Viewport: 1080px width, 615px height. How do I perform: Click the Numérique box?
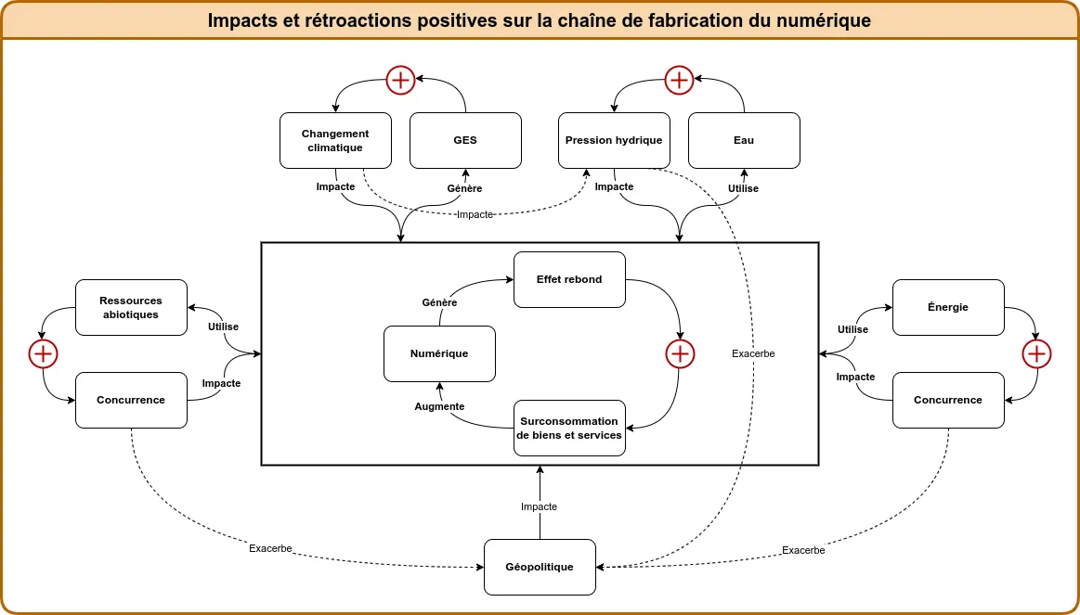point(439,353)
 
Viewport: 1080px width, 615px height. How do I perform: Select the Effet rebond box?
point(569,279)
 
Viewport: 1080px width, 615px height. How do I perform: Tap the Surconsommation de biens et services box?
point(569,428)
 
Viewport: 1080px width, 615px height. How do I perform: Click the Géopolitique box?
point(540,567)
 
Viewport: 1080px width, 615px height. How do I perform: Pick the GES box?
point(465,140)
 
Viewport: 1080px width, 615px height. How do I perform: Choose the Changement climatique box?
point(335,140)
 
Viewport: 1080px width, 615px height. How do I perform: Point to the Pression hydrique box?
point(614,140)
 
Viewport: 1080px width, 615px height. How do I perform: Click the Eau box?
point(744,140)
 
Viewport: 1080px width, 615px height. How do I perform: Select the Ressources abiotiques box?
point(131,307)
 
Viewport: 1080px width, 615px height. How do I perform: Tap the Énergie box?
point(948,307)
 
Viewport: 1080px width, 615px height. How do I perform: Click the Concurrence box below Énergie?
point(948,400)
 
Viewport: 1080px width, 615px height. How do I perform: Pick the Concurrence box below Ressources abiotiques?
point(131,400)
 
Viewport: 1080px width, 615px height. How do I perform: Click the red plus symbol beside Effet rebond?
point(680,353)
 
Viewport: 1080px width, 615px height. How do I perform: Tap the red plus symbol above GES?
point(400,81)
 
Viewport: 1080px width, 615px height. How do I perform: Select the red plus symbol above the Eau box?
point(679,81)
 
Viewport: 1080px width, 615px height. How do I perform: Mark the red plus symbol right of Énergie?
point(1036,353)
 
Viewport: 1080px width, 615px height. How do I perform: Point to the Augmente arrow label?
point(439,406)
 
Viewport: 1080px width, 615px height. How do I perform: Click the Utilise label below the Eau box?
point(743,188)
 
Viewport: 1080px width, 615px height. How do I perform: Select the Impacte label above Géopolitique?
point(539,506)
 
